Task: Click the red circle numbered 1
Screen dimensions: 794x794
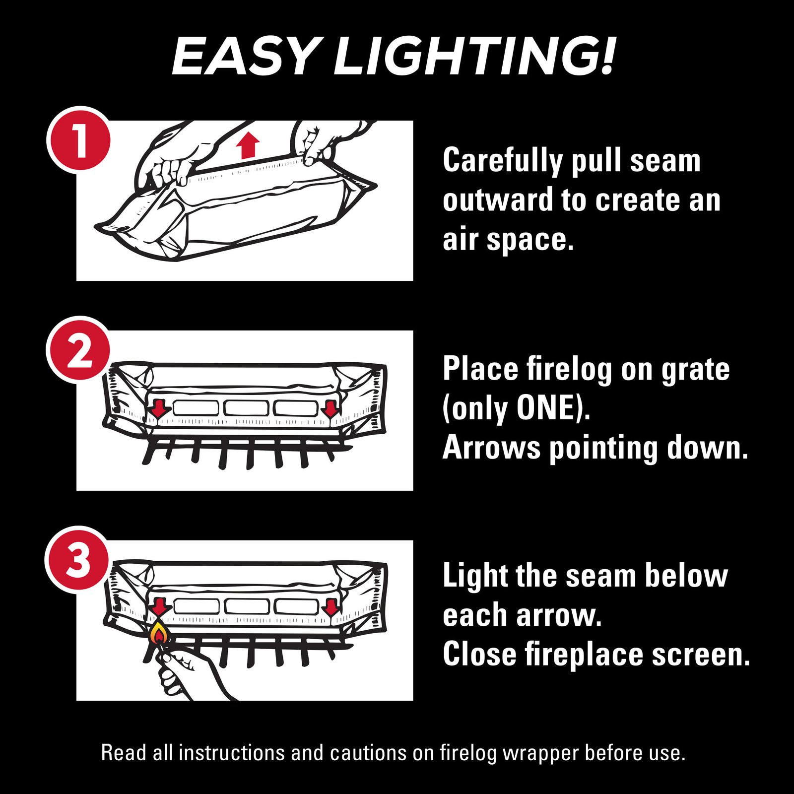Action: coord(78,140)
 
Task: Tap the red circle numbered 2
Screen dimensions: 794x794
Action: coord(78,350)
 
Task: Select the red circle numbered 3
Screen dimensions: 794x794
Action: coord(77,560)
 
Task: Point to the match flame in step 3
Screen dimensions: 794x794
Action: coord(158,633)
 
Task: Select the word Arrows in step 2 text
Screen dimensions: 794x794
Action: coord(491,448)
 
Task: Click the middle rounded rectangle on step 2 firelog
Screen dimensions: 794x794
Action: coord(246,407)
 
